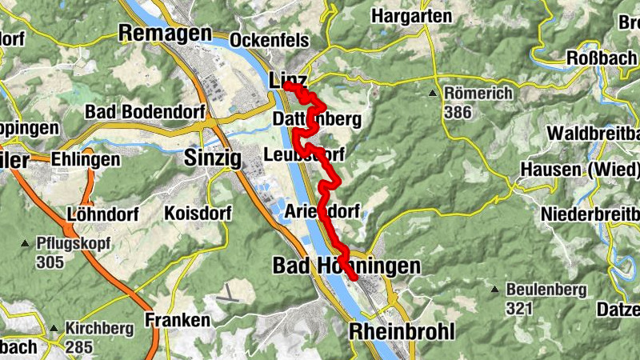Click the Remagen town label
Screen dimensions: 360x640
click(165, 33)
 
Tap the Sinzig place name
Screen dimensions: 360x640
click(212, 158)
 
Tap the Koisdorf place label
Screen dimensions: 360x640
click(197, 214)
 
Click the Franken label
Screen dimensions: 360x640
click(177, 320)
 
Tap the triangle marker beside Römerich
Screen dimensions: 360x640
click(433, 94)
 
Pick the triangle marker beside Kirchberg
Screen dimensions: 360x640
click(54, 328)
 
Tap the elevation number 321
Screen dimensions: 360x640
click(517, 307)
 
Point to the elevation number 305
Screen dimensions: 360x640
click(50, 262)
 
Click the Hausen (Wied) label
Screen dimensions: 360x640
click(580, 170)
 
